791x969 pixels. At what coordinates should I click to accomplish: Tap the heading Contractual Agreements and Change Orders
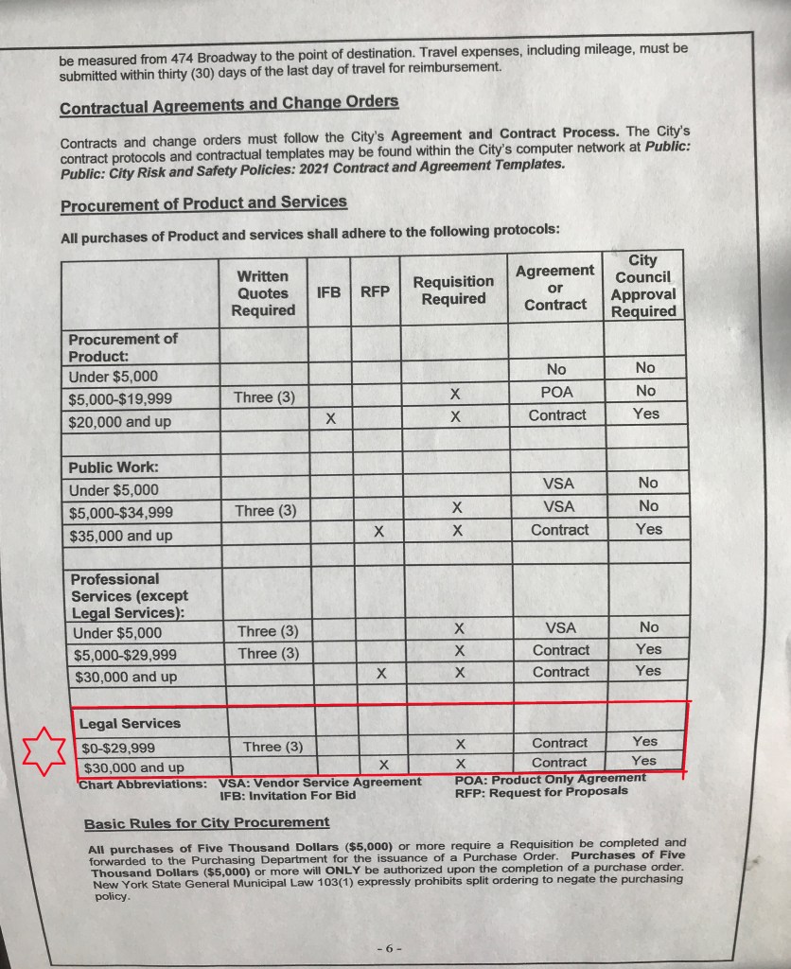pos(229,104)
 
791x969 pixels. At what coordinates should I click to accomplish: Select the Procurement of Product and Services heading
pos(203,203)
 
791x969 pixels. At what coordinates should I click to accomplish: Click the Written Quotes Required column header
pos(263,293)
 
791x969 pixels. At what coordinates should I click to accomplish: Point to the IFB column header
pos(328,292)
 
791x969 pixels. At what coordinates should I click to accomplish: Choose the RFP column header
pos(375,292)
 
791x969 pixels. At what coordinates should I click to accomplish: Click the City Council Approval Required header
pos(643,285)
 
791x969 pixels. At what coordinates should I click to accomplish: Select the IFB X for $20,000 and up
pos(330,417)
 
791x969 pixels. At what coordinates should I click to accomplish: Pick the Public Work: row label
pos(113,467)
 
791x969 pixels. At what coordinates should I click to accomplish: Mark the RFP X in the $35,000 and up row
pos(378,533)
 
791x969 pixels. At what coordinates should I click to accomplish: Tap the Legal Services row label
pos(130,724)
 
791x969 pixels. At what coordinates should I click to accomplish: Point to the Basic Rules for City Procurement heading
pos(206,823)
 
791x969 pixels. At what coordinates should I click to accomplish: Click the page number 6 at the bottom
pos(389,946)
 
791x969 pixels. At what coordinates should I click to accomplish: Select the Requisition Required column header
pos(453,291)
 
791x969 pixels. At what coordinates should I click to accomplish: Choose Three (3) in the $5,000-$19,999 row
pos(265,397)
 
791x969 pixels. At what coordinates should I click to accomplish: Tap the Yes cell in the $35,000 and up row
pos(649,529)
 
